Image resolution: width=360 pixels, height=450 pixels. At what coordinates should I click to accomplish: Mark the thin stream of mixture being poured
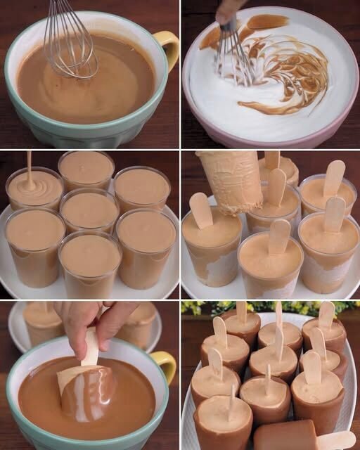pyautogui.click(x=29, y=166)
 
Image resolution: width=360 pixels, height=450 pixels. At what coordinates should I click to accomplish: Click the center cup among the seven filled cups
pyautogui.click(x=89, y=209)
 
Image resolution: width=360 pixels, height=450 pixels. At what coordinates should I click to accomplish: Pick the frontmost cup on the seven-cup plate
pyautogui.click(x=89, y=261)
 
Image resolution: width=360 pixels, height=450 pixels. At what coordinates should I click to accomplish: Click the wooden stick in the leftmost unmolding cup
pyautogui.click(x=201, y=210)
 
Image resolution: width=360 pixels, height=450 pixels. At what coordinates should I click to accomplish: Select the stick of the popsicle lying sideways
pyautogui.click(x=336, y=440)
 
